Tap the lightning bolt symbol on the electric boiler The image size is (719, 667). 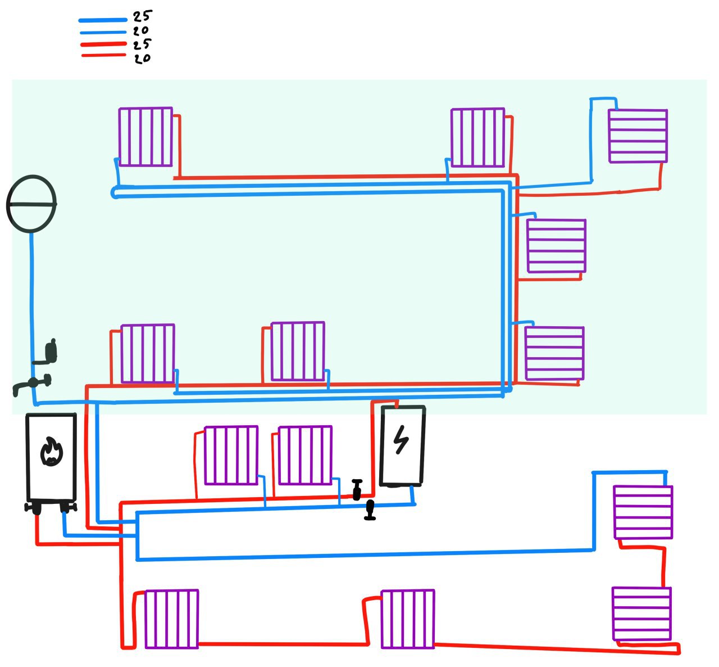[x=401, y=440]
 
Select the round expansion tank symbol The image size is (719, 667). [x=31, y=204]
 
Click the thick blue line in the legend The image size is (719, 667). [x=103, y=20]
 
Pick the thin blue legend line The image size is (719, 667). [x=103, y=33]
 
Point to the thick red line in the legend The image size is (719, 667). [x=103, y=44]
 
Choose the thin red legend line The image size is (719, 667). [x=104, y=56]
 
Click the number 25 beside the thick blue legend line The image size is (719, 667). [x=142, y=16]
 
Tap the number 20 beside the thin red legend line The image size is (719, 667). [x=142, y=58]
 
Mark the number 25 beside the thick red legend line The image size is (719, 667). [x=142, y=44]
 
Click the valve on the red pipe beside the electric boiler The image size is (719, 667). [x=357, y=490]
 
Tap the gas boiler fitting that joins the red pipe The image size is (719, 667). [x=36, y=508]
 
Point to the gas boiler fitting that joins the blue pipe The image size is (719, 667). [x=67, y=507]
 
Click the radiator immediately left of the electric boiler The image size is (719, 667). [x=305, y=456]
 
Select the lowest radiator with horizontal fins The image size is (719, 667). [x=641, y=614]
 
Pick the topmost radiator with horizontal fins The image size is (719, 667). [x=638, y=136]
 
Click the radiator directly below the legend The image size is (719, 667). [x=145, y=137]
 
